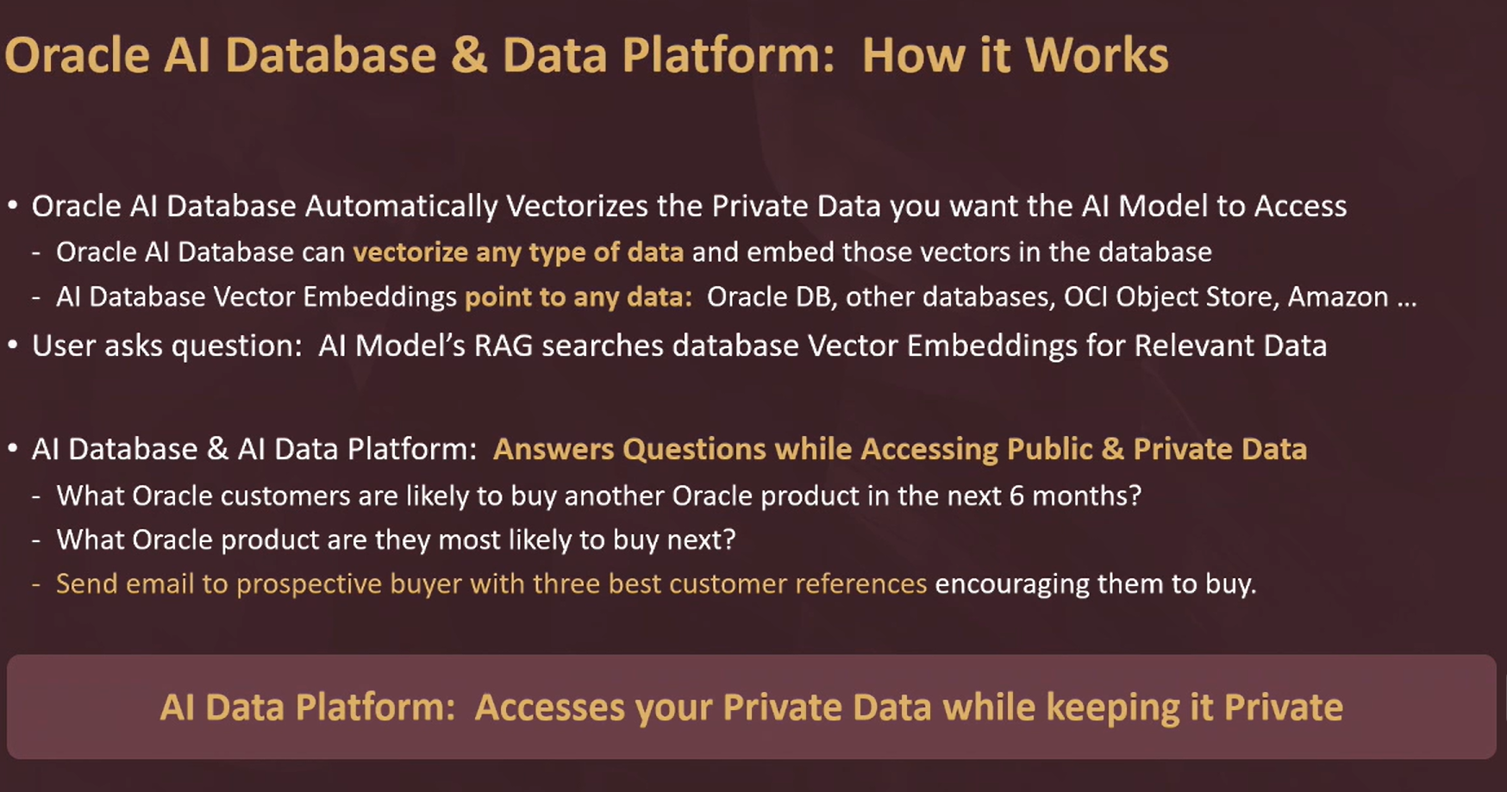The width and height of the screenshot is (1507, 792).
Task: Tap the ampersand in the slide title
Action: (469, 55)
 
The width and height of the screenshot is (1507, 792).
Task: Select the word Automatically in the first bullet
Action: (402, 207)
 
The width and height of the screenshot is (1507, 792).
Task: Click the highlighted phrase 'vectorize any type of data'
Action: (518, 253)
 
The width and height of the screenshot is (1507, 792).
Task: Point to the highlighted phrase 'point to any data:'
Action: (578, 297)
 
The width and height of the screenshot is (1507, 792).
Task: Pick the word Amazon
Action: (1338, 297)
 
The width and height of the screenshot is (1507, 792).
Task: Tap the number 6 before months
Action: (1016, 496)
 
